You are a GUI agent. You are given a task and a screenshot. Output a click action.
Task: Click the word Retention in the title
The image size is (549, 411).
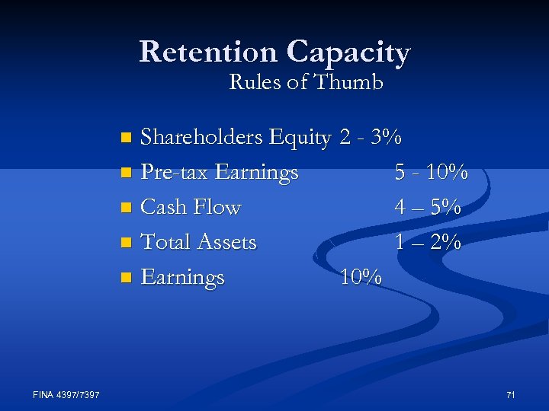point(208,53)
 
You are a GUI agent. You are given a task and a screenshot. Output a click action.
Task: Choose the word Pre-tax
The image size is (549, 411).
point(175,173)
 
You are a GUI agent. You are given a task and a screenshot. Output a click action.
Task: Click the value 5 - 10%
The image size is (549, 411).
point(431,173)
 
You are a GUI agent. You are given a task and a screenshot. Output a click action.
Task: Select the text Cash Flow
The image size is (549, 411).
point(191,207)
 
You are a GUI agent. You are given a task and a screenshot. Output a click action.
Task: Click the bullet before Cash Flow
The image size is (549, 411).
point(127,208)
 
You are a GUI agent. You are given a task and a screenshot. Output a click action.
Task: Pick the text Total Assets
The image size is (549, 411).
point(199,242)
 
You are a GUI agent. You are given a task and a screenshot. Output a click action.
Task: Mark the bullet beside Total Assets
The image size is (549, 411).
point(127,243)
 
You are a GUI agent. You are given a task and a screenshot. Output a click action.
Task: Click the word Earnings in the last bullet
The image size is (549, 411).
point(183,277)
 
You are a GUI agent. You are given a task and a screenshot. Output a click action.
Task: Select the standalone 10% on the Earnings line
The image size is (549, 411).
point(361,277)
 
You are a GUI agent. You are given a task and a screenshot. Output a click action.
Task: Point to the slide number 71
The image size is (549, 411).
point(511,394)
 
